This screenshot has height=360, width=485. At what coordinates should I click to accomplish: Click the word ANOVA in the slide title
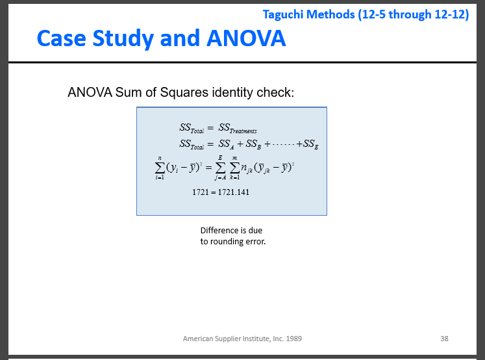coord(247,38)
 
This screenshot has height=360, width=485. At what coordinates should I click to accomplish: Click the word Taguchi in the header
coord(284,14)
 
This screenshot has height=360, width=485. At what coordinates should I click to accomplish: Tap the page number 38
coord(444,339)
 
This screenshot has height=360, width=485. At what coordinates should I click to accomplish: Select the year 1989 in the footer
coord(293,339)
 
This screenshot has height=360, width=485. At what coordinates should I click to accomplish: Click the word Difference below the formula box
coord(220,231)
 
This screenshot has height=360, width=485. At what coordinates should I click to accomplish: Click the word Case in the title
coord(60,38)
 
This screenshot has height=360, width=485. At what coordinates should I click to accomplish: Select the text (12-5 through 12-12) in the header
coord(414,14)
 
